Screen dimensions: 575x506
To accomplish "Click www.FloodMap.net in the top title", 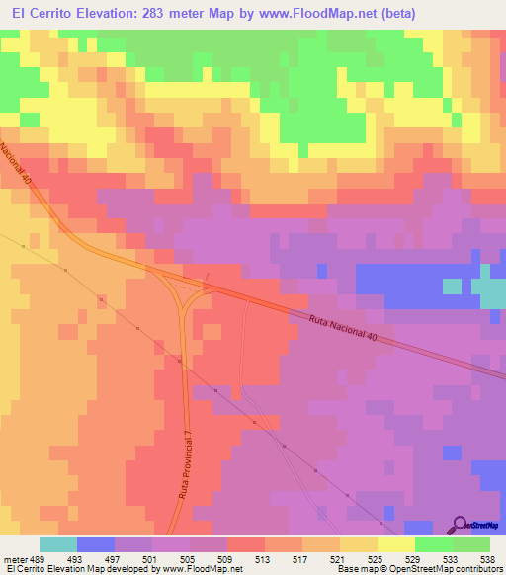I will pos(304,14).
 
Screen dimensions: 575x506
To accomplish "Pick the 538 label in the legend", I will pos(489,558).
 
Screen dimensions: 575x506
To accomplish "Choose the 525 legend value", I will pos(377,558).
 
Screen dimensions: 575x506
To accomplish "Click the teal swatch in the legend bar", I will pos(58,544).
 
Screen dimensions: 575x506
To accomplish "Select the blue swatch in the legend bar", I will pos(96,544).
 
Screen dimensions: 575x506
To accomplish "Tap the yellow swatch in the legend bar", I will pos(396,544).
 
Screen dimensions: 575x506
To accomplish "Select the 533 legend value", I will pos(452,558).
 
